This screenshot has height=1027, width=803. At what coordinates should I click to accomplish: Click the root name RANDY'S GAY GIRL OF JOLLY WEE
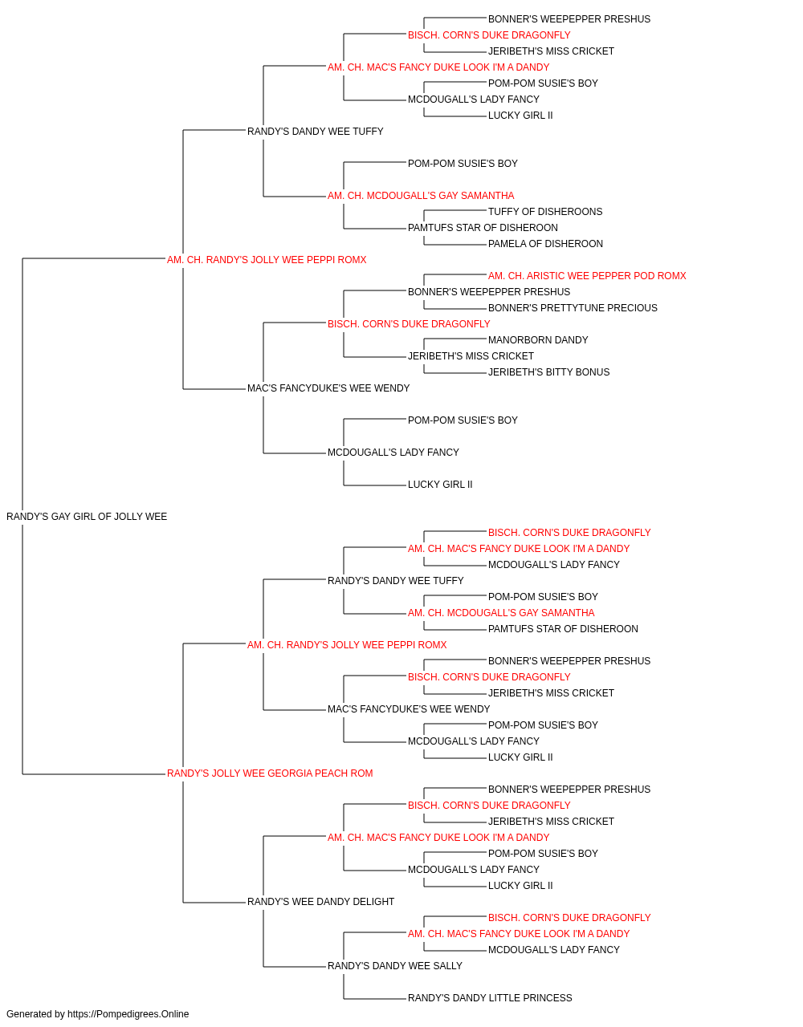(x=87, y=517)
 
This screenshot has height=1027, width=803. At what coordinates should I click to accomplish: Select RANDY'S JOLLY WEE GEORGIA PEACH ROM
(x=270, y=773)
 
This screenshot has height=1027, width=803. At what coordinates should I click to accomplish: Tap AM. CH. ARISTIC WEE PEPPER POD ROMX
(x=587, y=275)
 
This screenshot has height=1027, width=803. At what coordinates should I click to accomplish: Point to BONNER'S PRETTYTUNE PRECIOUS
(x=573, y=307)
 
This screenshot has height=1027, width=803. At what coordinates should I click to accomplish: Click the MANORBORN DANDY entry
(x=538, y=340)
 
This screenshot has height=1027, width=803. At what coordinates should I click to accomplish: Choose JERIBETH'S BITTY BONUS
(x=548, y=372)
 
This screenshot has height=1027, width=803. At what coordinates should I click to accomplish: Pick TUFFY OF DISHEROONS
(x=545, y=211)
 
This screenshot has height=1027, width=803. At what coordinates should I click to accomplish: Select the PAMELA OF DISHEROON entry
(x=545, y=243)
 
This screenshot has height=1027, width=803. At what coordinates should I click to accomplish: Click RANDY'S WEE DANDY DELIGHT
(x=320, y=901)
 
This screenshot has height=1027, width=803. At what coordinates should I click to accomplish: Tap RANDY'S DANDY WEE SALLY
(x=395, y=965)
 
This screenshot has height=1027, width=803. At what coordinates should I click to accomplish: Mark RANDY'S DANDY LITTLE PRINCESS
(x=490, y=997)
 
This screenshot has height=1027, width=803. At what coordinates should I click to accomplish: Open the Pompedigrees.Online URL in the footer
(x=128, y=1014)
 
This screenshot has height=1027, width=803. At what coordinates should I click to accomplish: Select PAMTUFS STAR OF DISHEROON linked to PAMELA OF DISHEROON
(x=483, y=227)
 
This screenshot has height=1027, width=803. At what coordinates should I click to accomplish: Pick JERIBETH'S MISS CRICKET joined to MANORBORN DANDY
(x=471, y=356)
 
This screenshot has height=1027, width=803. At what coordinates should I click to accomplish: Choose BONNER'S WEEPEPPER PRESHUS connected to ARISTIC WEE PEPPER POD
(x=489, y=291)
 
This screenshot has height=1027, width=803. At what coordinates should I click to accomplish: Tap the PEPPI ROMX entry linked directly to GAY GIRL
(x=267, y=259)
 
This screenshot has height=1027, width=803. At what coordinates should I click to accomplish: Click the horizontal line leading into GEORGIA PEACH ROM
(x=94, y=774)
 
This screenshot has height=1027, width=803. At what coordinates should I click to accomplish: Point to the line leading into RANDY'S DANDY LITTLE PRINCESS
(x=375, y=999)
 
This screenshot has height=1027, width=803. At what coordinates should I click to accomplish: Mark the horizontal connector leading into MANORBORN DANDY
(x=455, y=339)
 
